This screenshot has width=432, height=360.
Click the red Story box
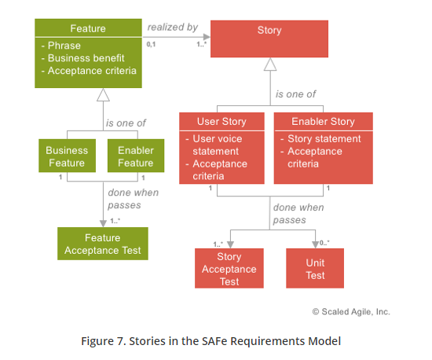click(269, 39)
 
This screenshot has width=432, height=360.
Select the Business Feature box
click(68, 156)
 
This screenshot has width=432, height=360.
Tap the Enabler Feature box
click(136, 156)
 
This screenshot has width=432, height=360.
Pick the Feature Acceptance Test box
click(103, 244)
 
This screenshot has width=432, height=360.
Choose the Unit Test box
click(315, 268)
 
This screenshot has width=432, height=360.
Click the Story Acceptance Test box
click(229, 268)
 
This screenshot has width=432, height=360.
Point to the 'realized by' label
click(173, 27)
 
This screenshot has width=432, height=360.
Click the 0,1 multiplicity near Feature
click(151, 44)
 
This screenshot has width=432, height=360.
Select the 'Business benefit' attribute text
click(86, 58)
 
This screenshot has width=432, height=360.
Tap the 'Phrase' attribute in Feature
click(64, 46)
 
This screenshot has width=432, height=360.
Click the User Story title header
click(221, 121)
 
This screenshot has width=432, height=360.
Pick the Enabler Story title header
click(323, 121)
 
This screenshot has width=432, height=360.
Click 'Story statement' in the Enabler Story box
click(324, 138)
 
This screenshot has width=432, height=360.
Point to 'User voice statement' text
click(218, 145)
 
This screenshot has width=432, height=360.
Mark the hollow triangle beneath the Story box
click(270, 64)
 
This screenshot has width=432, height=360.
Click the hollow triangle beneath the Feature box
click(104, 95)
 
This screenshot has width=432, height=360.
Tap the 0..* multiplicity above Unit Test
click(324, 243)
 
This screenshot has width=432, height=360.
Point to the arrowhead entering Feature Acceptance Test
click(104, 223)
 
